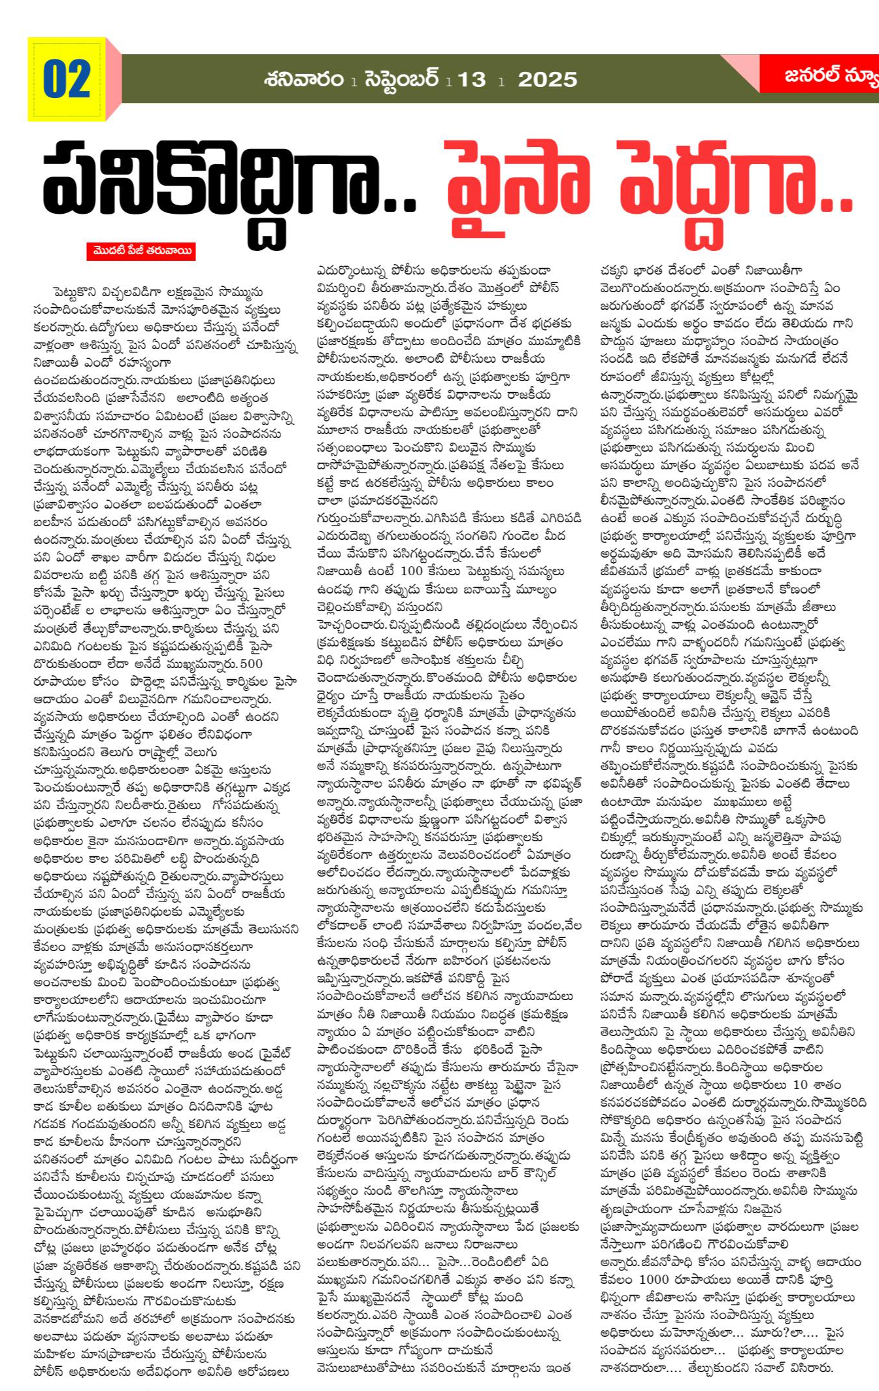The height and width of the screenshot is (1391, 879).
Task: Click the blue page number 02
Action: tap(67, 80)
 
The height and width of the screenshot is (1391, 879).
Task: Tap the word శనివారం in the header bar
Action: tap(304, 79)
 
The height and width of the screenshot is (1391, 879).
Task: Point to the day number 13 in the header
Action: tap(471, 80)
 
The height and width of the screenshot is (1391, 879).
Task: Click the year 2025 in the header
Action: tap(548, 80)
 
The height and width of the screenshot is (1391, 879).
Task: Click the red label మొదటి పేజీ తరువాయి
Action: tap(141, 251)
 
